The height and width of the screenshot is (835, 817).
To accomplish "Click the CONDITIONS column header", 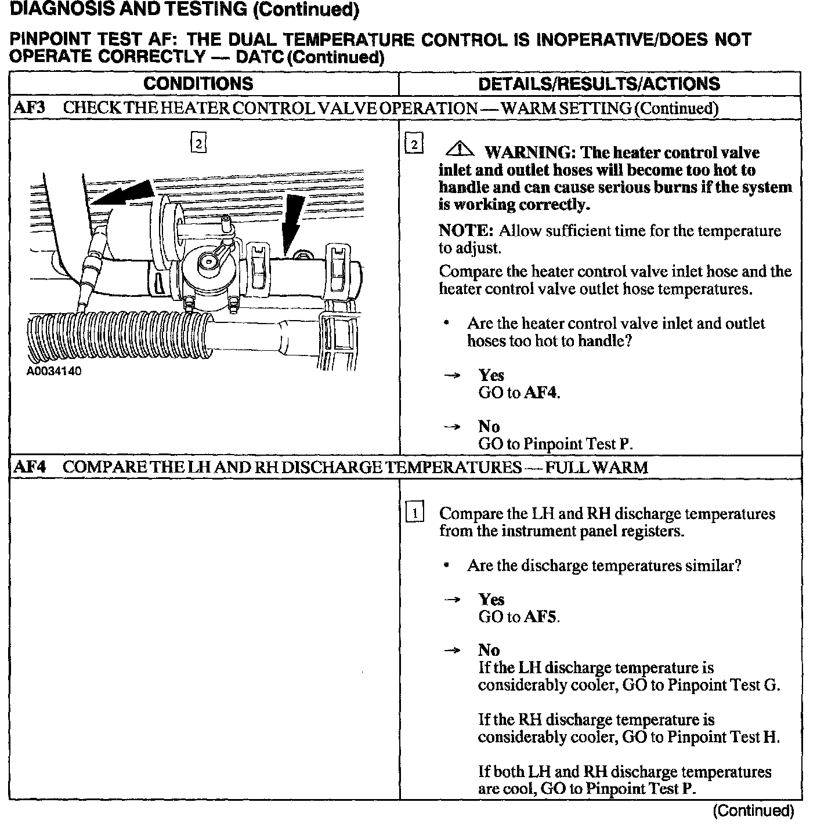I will [x=198, y=83].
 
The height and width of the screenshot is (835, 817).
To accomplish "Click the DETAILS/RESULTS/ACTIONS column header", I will [x=599, y=83].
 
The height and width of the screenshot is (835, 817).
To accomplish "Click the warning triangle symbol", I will [x=459, y=150].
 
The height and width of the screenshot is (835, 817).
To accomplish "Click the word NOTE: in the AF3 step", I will [x=466, y=231].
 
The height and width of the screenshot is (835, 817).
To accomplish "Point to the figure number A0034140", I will [x=54, y=372].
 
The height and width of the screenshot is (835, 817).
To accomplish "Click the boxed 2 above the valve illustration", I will [x=198, y=143].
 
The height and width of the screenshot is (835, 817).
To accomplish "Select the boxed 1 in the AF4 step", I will [x=414, y=513].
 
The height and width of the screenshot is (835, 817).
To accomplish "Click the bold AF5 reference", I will [x=541, y=617].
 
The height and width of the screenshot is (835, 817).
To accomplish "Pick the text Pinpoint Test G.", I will [x=723, y=685].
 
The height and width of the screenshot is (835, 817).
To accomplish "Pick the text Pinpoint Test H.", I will [x=723, y=737].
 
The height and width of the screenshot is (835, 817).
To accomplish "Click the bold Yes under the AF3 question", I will [x=491, y=375].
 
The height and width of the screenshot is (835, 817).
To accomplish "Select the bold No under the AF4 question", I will [x=489, y=651].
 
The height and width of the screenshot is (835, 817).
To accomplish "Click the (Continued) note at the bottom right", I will [x=753, y=811].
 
